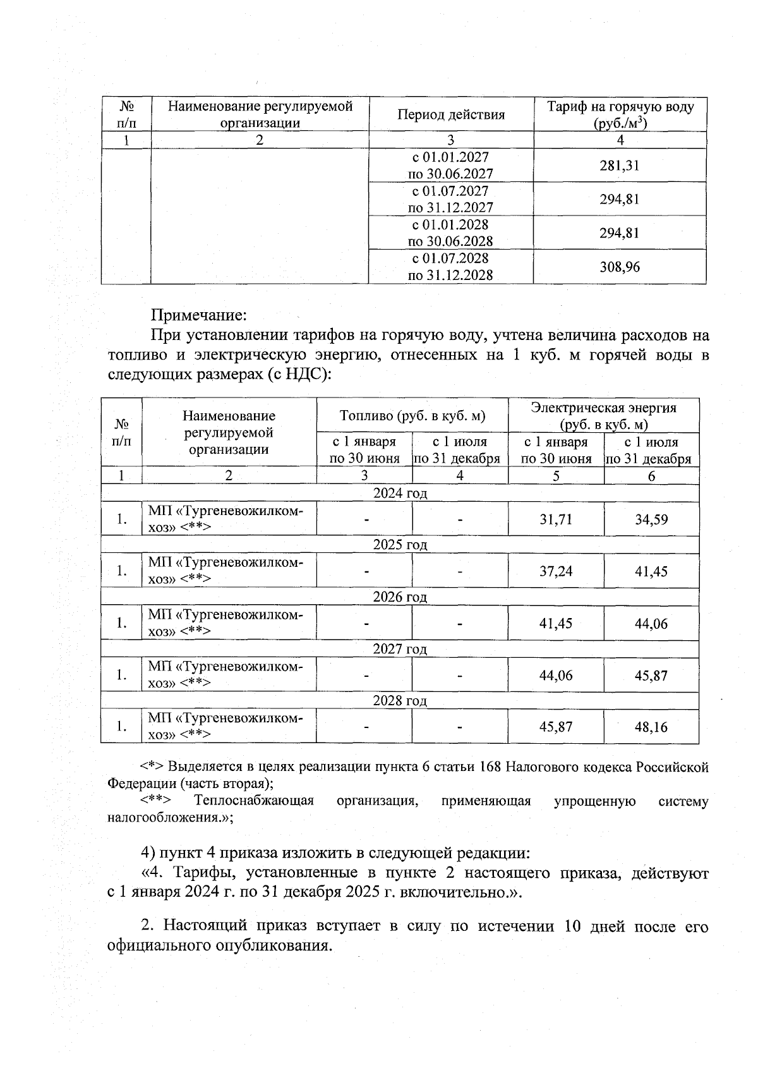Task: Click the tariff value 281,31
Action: [x=619, y=166]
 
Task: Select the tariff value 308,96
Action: [x=619, y=267]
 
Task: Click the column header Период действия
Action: [x=451, y=114]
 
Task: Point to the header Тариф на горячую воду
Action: [x=620, y=107]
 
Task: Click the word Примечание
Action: [x=198, y=314]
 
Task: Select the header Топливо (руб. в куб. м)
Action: [x=412, y=415]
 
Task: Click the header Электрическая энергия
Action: [x=603, y=408]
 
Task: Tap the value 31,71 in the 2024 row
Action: [x=555, y=519]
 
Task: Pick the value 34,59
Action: [x=651, y=519]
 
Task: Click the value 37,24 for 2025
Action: [x=555, y=571]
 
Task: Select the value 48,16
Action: [x=651, y=727]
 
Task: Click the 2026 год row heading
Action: [x=400, y=597]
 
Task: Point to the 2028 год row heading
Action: [x=400, y=700]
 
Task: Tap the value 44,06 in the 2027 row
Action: [x=555, y=675]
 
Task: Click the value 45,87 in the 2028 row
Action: [x=555, y=727]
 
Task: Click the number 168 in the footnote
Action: [x=491, y=767]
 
